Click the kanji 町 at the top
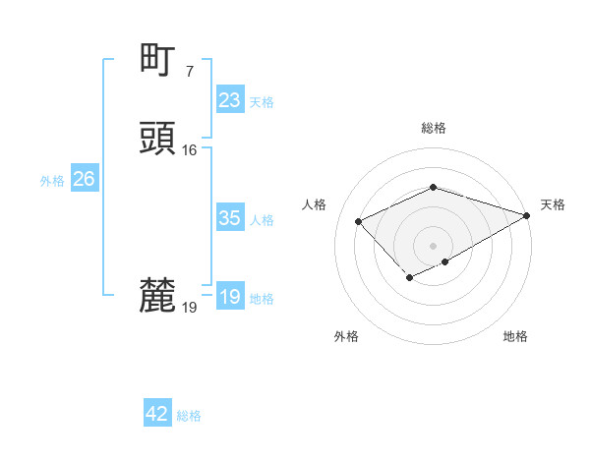(x=157, y=60)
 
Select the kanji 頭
(x=157, y=139)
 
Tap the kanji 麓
(x=157, y=295)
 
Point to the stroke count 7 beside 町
(x=189, y=71)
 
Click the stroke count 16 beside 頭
(x=189, y=149)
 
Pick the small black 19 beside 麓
(x=189, y=307)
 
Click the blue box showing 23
(x=229, y=100)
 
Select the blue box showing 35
(x=229, y=218)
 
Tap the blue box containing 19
(x=229, y=297)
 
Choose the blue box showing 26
(x=84, y=179)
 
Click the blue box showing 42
(x=157, y=414)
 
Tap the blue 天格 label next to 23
(x=262, y=101)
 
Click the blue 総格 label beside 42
(x=189, y=416)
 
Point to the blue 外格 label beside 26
(x=52, y=181)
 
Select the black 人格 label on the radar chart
(x=315, y=204)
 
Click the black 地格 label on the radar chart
(x=515, y=337)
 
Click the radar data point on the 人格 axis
(x=359, y=221)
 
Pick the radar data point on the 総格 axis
(x=433, y=187)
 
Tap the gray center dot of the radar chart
(x=433, y=245)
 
